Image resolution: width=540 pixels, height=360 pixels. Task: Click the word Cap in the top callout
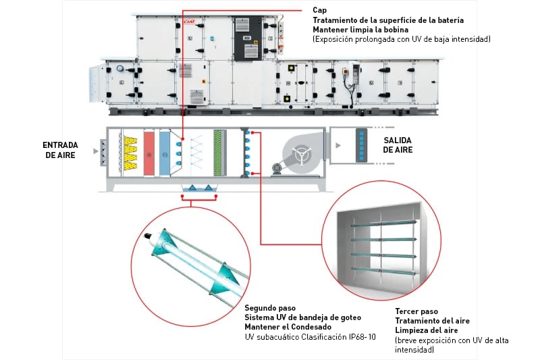click(x=319, y=10)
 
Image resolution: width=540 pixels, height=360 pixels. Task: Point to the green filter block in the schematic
click(x=218, y=154)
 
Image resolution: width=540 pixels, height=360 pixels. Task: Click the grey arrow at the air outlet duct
click(x=336, y=145)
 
